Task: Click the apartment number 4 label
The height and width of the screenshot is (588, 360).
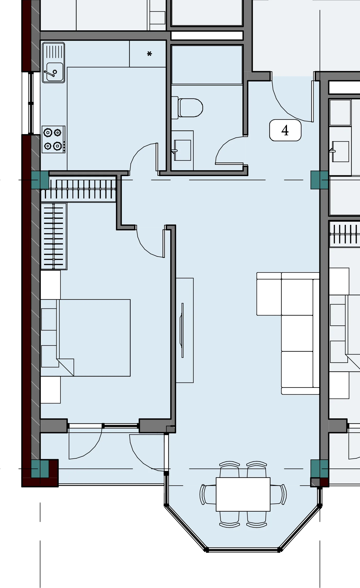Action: pos(285,130)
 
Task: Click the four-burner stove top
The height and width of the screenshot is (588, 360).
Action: pos(53,139)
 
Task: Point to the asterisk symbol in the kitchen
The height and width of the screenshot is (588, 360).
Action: pos(149,54)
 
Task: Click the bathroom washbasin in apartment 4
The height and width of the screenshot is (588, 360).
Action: pos(182,150)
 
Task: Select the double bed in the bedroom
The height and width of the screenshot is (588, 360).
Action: pos(85,338)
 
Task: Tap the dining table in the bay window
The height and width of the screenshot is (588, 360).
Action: pos(243,494)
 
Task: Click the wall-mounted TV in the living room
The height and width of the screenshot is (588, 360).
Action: pos(182,330)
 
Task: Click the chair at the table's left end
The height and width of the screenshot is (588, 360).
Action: pos(208,494)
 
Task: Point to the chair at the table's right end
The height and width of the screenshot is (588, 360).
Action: pos(278,494)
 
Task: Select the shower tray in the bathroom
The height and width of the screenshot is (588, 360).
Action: pos(207,65)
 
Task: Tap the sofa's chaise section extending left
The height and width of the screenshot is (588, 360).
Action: pos(269,294)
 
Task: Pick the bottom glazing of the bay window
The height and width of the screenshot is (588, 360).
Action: pos(243,550)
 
